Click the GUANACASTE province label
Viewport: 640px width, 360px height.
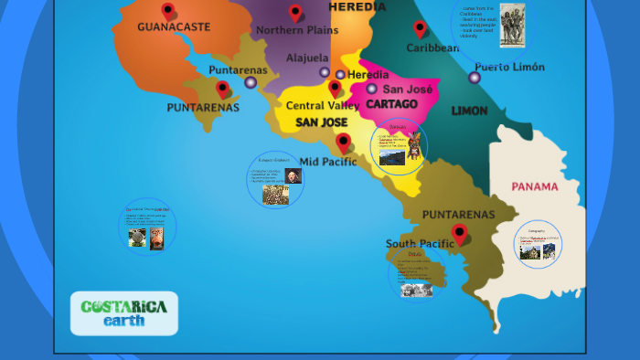coord(174,27)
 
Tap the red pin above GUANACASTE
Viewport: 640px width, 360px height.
coord(168,11)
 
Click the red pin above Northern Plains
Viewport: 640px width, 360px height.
coord(295,13)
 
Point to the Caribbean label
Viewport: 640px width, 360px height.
coord(432,48)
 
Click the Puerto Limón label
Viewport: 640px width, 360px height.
coord(509,67)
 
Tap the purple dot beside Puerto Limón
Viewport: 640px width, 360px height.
coord(475,78)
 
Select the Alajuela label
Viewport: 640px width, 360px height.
coord(307,58)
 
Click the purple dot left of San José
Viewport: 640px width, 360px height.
coord(372,89)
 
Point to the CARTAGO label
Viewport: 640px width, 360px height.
coord(391,104)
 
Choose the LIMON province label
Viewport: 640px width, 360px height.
coord(469,111)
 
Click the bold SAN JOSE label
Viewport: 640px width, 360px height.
coord(321,122)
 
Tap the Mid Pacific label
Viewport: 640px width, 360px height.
coord(328,162)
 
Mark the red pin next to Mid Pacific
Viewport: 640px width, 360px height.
coord(343,143)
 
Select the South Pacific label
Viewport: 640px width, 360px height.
coord(420,244)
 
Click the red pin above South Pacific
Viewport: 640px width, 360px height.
coord(460,234)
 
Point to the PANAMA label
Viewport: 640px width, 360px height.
coord(535,187)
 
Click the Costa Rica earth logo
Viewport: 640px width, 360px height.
coord(124,313)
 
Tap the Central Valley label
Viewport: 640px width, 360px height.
coord(323,106)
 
